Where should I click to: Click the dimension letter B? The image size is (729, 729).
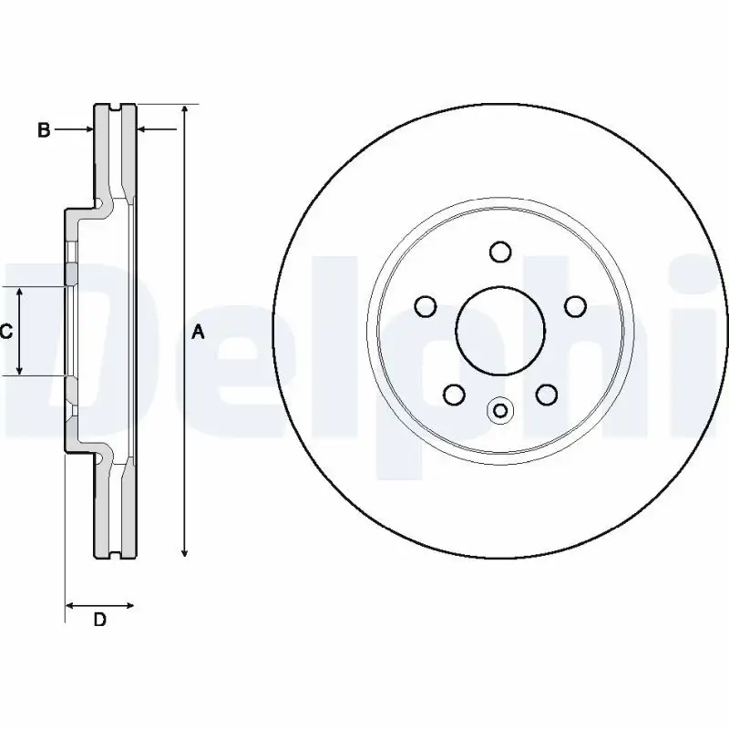[43, 130]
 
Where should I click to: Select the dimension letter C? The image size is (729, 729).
[5, 332]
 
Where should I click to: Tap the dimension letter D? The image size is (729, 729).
[100, 621]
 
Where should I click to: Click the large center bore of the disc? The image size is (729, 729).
[500, 331]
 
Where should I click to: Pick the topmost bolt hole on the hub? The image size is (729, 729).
[499, 252]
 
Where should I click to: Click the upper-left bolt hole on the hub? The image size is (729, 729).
[425, 306]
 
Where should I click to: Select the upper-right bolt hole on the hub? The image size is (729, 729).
[575, 306]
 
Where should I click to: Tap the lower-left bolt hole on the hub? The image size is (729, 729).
[453, 394]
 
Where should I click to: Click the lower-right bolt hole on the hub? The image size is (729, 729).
[546, 394]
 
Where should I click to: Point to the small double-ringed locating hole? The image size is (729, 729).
[499, 411]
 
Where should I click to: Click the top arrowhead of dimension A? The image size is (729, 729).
[185, 110]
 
